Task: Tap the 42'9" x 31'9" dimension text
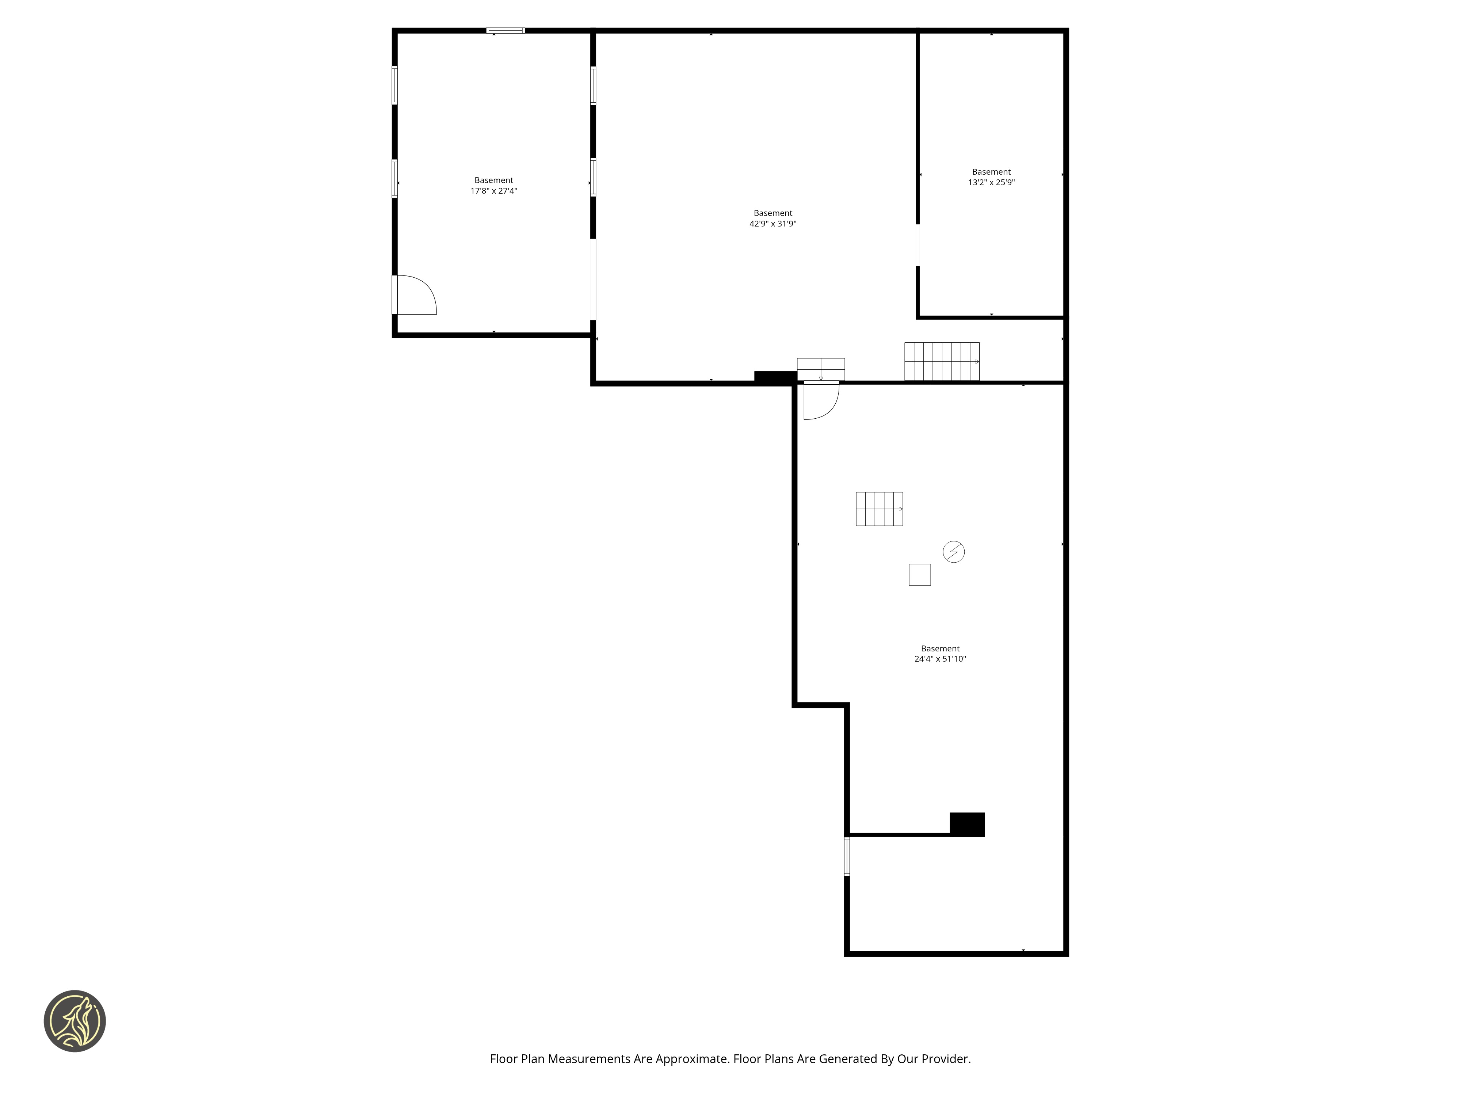[x=773, y=224]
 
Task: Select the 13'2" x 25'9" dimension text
[x=991, y=182]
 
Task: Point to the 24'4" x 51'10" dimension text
[x=940, y=659]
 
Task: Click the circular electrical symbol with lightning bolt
[x=954, y=552]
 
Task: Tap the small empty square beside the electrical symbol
[x=919, y=575]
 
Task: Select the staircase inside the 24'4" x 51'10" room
[x=879, y=509]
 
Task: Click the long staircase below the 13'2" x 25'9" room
[x=942, y=361]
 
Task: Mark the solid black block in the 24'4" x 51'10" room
[x=967, y=825]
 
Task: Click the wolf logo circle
[x=75, y=1021]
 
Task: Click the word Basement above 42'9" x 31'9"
[x=773, y=213]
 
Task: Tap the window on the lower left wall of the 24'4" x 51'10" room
[x=847, y=856]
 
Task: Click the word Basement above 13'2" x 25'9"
[x=991, y=172]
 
